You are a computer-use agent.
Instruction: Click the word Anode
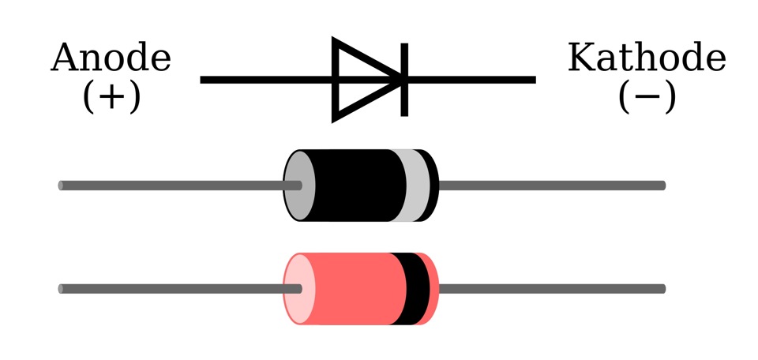[111, 58]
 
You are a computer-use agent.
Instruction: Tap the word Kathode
[647, 58]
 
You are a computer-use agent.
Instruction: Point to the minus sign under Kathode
[647, 96]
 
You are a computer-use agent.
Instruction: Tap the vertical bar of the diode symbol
[404, 80]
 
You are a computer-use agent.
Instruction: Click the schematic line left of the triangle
[266, 80]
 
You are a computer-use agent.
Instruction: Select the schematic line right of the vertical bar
[472, 80]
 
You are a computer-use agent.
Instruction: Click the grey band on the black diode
[413, 186]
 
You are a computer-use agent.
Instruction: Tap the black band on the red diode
[413, 289]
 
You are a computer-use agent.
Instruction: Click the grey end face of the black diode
[298, 186]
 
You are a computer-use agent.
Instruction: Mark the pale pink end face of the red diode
[298, 289]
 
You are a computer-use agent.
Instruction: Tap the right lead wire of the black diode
[552, 186]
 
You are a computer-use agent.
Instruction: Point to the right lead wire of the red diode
[552, 289]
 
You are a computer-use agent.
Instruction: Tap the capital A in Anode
[66, 58]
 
